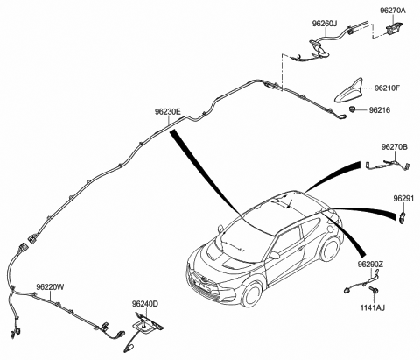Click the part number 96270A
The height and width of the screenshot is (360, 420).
point(393,11)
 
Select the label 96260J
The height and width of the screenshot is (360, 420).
point(325,24)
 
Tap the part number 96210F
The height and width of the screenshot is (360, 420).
point(387,88)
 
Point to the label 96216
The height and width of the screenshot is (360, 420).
point(380,110)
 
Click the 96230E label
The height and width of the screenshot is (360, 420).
point(168,112)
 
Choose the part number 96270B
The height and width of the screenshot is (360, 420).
point(395,147)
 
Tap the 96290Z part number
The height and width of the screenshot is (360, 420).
point(370,265)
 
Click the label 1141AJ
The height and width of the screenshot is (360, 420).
point(372,307)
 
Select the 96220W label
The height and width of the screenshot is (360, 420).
point(50,286)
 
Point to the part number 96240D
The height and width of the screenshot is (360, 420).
point(145,304)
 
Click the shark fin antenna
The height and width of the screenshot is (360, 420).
point(349,91)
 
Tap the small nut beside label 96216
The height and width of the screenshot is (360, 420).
point(353,109)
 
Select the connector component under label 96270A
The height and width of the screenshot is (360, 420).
point(394,28)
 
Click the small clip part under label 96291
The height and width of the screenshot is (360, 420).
point(402,217)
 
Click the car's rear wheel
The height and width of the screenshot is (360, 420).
point(331,249)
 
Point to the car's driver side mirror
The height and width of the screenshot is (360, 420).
point(275,255)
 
